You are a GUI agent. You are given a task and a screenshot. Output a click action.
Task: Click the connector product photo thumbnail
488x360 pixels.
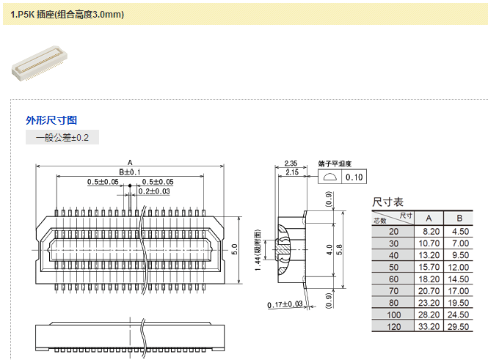(x=40, y=63)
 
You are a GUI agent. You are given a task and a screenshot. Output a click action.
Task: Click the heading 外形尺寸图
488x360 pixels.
(x=51, y=120)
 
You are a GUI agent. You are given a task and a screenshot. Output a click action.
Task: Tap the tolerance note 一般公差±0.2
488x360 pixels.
(x=62, y=137)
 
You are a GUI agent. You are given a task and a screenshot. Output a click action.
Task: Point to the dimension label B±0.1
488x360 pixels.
(x=130, y=172)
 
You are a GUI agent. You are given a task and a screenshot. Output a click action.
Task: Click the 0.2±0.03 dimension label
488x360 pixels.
(x=154, y=191)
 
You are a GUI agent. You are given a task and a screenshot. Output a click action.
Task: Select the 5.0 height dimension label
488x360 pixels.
(x=235, y=249)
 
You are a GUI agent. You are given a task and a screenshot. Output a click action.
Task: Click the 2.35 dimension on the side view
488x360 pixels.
(x=291, y=164)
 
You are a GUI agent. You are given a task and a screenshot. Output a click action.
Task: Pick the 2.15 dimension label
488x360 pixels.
(x=292, y=172)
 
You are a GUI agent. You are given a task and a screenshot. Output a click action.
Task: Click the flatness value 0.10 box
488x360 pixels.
(x=354, y=177)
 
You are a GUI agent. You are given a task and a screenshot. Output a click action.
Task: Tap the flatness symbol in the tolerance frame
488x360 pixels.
(x=330, y=177)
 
